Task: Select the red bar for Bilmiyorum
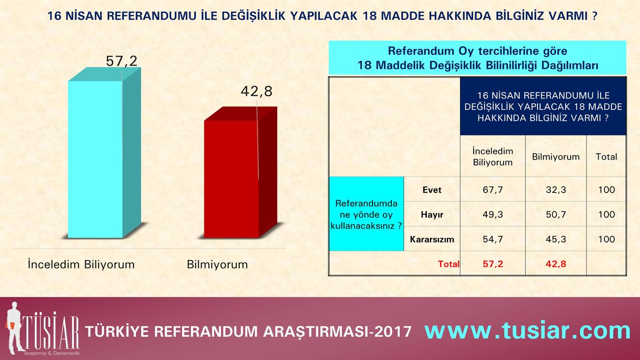(240, 172)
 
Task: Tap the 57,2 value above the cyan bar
(122, 61)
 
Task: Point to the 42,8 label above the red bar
(256, 92)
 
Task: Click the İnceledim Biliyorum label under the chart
(81, 264)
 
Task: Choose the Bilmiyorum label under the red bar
(217, 264)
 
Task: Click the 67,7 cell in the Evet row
(493, 190)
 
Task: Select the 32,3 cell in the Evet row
(556, 190)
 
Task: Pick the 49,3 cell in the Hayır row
(493, 214)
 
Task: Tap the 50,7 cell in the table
(556, 214)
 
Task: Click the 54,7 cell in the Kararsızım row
(493, 239)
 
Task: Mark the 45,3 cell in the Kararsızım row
(556, 239)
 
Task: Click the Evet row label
(432, 190)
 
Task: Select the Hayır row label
(432, 215)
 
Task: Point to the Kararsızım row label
(432, 239)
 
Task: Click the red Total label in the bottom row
(448, 264)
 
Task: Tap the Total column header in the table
(607, 157)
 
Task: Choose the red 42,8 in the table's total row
(556, 263)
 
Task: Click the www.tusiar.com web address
(527, 330)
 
